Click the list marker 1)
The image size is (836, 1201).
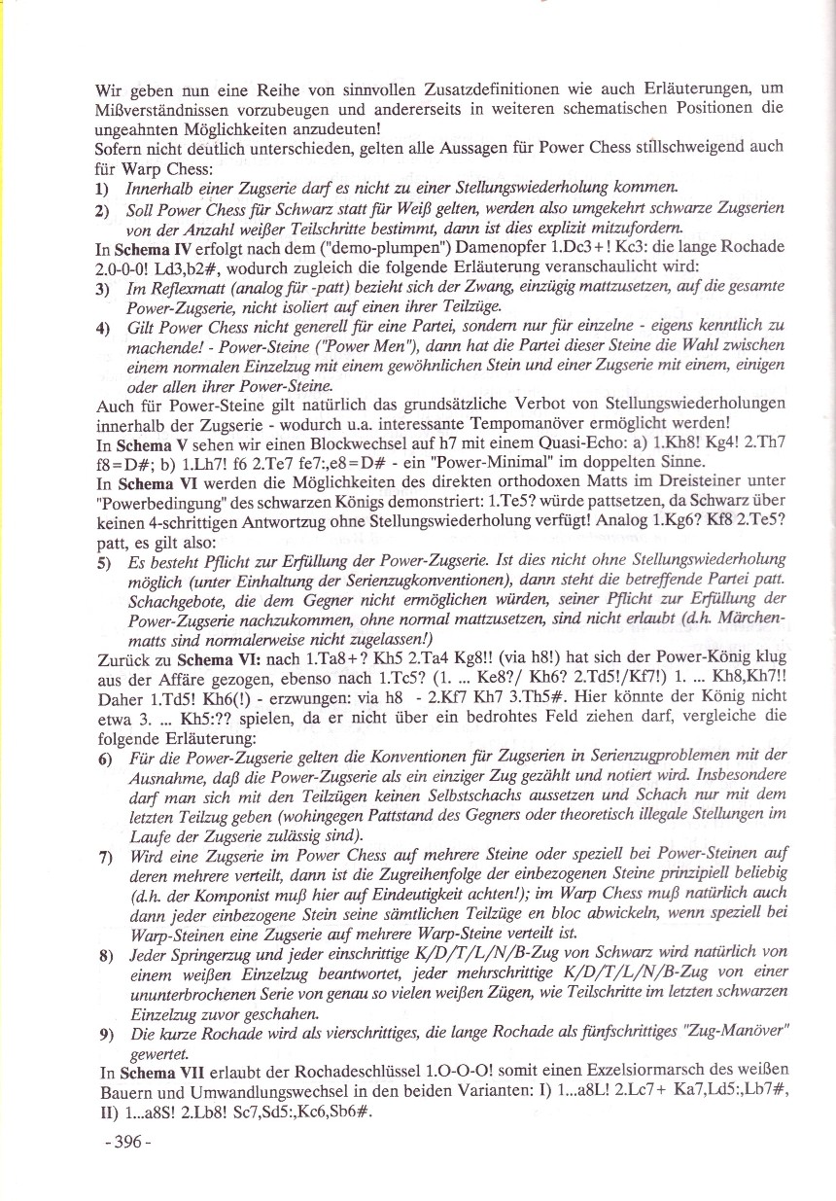click(x=102, y=186)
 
